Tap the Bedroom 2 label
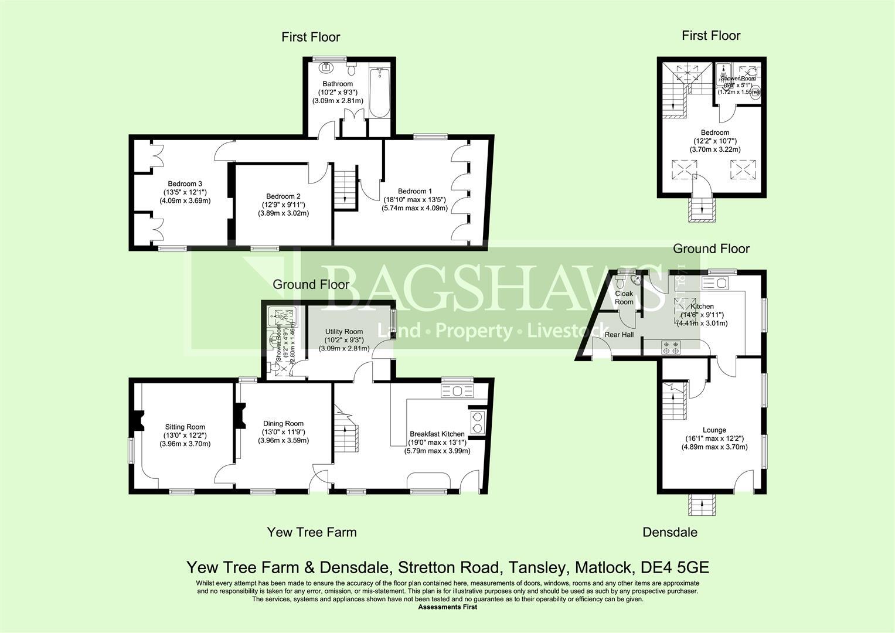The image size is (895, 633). pyautogui.click(x=283, y=196)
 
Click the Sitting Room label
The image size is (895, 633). pyautogui.click(x=185, y=427)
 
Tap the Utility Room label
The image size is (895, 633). pyautogui.click(x=344, y=331)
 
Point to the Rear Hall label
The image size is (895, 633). pyautogui.click(x=619, y=335)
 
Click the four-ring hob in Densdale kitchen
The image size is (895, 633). pyautogui.click(x=670, y=347)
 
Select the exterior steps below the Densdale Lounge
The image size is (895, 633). pyautogui.click(x=702, y=504)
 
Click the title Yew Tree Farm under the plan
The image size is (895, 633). pyautogui.click(x=311, y=532)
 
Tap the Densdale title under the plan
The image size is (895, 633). pyautogui.click(x=669, y=532)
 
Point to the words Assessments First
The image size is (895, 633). pyautogui.click(x=447, y=607)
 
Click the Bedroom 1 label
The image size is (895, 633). pyautogui.click(x=414, y=191)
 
